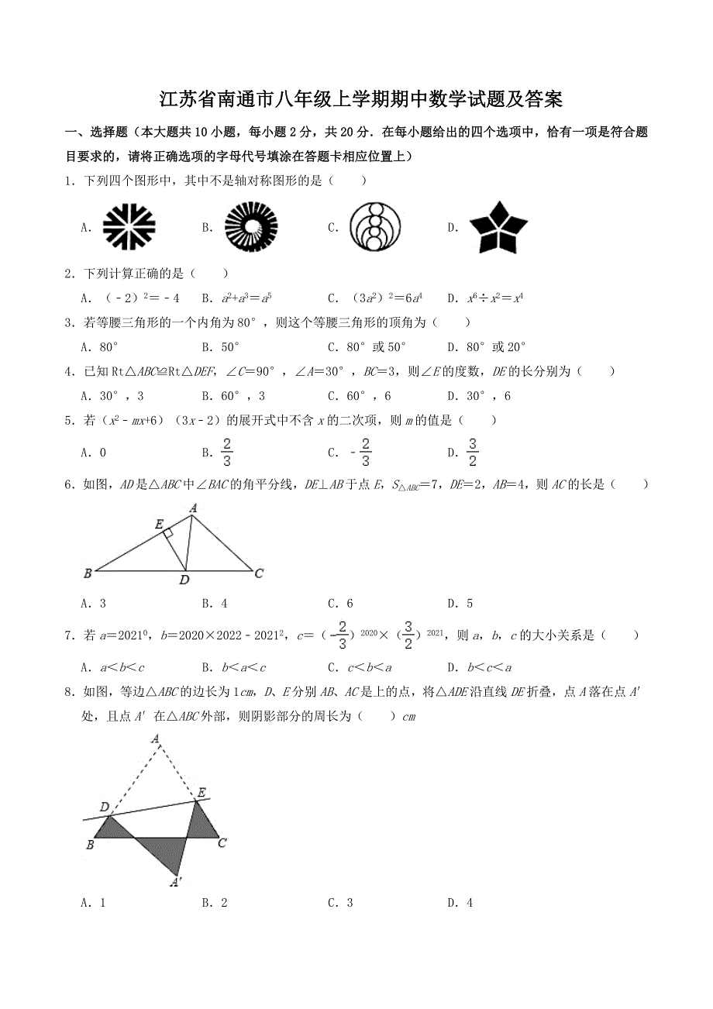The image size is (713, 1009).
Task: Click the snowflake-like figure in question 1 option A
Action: [x=129, y=226]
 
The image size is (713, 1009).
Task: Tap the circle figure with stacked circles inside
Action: [x=377, y=226]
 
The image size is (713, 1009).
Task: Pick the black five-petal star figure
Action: [x=498, y=226]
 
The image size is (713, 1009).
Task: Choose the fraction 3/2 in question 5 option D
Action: [x=474, y=451]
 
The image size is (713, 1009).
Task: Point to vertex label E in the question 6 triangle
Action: [x=158, y=525]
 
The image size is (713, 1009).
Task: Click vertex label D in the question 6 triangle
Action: [x=184, y=580]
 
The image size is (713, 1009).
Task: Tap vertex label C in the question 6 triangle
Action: [x=260, y=573]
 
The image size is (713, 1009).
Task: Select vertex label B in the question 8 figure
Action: [x=90, y=845]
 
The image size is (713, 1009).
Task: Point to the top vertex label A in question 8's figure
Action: [x=157, y=740]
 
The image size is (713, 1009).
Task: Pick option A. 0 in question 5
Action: [x=93, y=453]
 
